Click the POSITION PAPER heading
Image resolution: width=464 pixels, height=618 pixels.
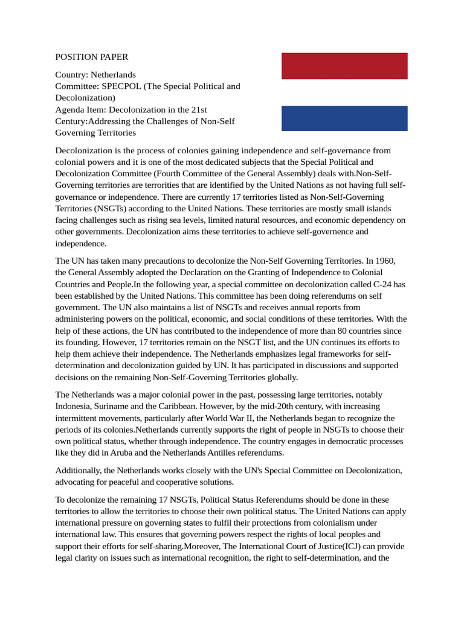(92, 57)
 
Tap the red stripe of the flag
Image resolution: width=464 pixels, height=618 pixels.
(344, 66)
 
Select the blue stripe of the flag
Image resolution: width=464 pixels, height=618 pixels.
(344, 118)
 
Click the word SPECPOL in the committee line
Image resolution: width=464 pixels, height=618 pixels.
(120, 86)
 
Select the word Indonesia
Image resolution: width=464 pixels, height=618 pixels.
(76, 407)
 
